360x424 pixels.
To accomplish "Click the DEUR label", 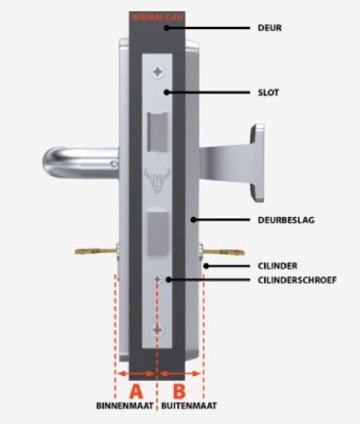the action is pos(269,28).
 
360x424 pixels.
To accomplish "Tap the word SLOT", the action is pos(268,93).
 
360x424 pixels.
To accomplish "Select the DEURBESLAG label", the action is pos(286,220).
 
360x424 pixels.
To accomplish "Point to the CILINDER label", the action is pos(277,266).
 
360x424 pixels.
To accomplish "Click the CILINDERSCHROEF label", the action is pos(297,280).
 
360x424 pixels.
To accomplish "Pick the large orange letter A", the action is pos(136,391).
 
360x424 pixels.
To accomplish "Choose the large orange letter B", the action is pos(179,391).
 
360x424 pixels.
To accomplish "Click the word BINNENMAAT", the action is pos(124,406).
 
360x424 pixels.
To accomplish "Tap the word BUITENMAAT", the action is pos(189,406).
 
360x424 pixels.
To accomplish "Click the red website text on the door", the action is pos(157,17).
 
